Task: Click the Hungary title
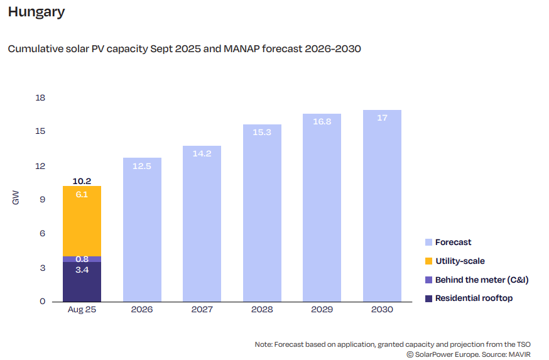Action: (36, 12)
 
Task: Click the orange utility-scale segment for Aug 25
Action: (82, 221)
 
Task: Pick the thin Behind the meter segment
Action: (82, 259)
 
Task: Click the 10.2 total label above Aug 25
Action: (82, 181)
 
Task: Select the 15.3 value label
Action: (262, 132)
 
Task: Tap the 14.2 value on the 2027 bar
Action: (202, 153)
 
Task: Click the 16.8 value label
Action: (322, 121)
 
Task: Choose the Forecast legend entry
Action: (453, 242)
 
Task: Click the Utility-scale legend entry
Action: (460, 261)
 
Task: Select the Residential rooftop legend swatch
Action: (428, 298)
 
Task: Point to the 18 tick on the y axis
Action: (41, 98)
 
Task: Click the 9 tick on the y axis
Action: (43, 200)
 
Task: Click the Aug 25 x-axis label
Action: (82, 310)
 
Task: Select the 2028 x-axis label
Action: (262, 310)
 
